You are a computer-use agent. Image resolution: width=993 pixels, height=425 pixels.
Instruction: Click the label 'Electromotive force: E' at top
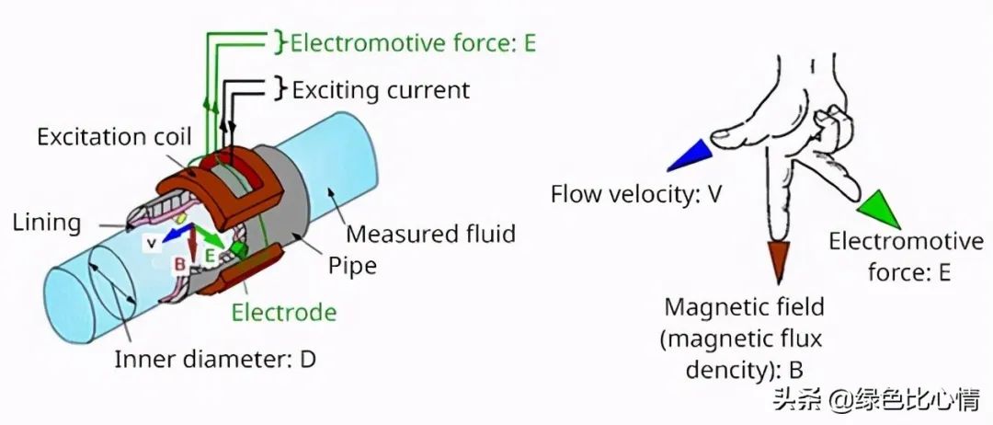[413, 43]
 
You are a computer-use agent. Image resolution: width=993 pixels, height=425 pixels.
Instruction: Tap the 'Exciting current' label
[381, 90]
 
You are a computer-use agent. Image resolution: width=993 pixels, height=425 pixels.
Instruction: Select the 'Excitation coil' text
[114, 138]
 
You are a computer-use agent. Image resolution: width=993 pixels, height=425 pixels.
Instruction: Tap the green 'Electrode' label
[283, 313]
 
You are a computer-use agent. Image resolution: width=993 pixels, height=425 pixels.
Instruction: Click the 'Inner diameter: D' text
[215, 359]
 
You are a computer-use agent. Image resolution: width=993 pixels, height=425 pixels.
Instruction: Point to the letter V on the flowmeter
[150, 244]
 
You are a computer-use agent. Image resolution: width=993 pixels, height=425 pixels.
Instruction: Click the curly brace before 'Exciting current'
[280, 89]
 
